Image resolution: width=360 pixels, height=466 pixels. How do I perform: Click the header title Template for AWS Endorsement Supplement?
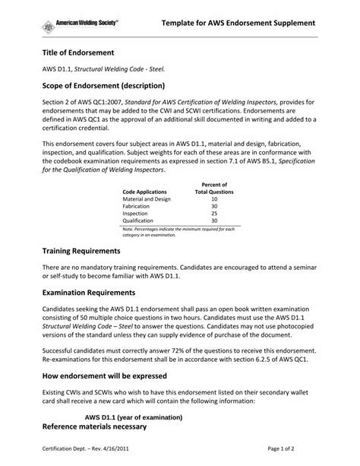point(238,24)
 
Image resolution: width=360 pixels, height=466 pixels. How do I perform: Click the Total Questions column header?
point(214,192)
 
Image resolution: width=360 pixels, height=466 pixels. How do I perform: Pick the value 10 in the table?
point(214,199)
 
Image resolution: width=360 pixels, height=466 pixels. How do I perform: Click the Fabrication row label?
point(137,207)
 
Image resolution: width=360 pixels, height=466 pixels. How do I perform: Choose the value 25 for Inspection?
point(214,214)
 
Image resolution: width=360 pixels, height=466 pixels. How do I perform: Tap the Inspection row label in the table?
point(136,214)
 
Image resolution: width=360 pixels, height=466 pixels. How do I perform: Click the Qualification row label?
point(139,221)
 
